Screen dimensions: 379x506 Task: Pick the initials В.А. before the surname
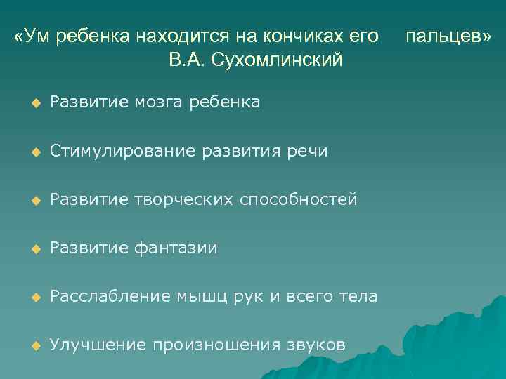(x=187, y=60)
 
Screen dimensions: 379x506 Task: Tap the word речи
(x=311, y=152)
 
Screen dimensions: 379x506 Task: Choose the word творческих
(x=183, y=200)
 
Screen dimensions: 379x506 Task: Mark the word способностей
(x=299, y=200)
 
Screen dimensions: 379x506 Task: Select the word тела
(x=360, y=297)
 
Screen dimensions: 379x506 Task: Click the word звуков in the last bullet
(x=316, y=345)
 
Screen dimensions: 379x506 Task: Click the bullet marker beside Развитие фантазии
(x=33, y=248)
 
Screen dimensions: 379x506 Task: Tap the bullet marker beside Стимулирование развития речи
(x=33, y=152)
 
